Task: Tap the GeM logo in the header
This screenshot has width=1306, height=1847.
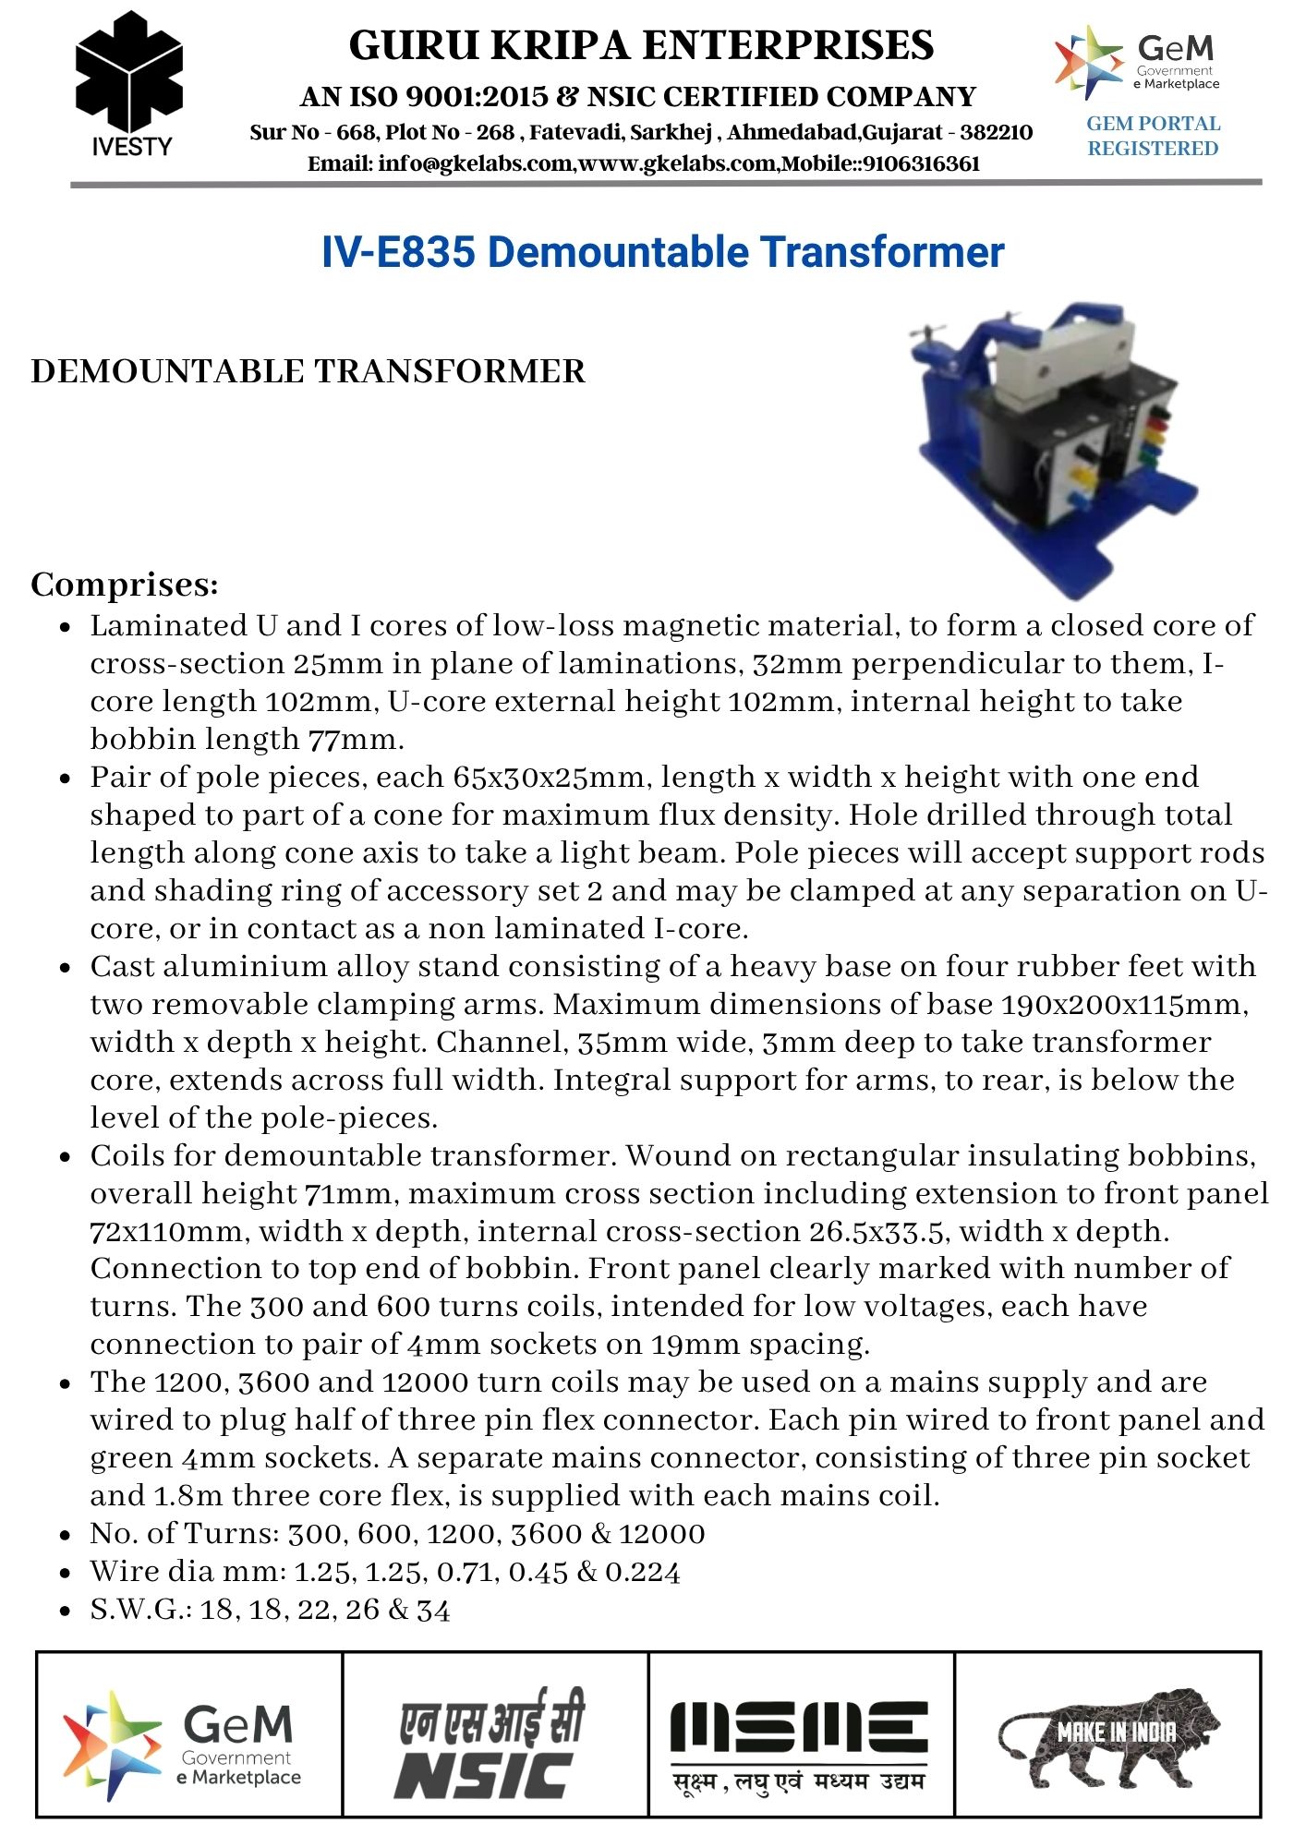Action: [1137, 62]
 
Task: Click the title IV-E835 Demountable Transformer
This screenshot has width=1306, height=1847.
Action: [662, 252]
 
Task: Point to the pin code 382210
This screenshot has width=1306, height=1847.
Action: [996, 132]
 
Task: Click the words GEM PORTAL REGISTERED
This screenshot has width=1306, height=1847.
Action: [1153, 136]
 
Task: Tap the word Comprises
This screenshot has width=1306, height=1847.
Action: [125, 585]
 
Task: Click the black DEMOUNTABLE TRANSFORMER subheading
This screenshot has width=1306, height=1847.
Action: [308, 371]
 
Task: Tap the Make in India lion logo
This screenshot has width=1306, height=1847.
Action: [1108, 1741]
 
